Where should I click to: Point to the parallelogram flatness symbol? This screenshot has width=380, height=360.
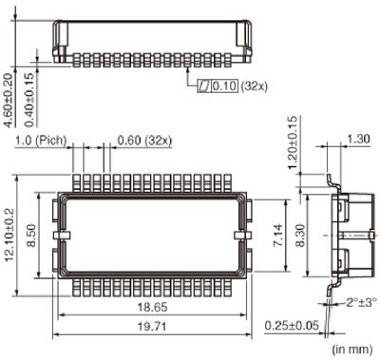pos(204,85)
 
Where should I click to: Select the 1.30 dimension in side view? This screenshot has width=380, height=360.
pos(359,139)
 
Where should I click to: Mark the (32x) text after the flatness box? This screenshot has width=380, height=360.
pos(253,85)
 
